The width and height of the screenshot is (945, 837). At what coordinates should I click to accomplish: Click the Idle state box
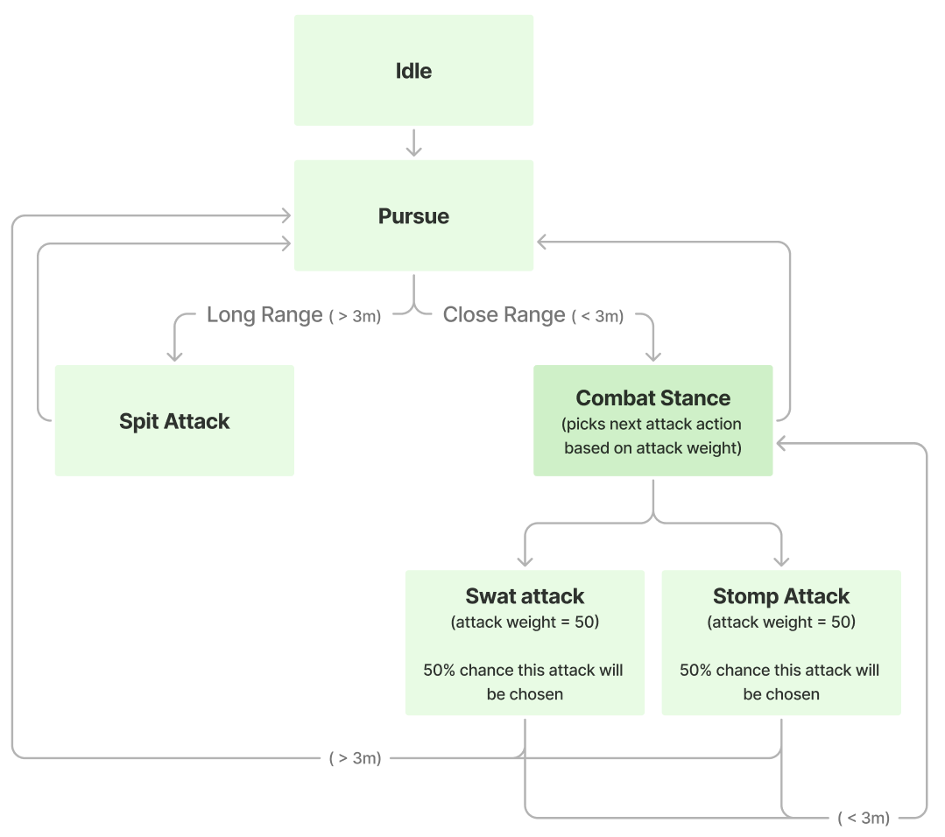pyautogui.click(x=413, y=70)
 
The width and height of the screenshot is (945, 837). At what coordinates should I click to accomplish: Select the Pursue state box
pyautogui.click(x=413, y=215)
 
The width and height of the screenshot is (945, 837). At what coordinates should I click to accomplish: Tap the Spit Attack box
pyautogui.click(x=174, y=421)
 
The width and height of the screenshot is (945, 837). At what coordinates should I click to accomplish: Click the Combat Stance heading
pyautogui.click(x=652, y=398)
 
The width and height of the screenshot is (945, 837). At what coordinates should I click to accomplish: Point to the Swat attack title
pyautogui.click(x=525, y=597)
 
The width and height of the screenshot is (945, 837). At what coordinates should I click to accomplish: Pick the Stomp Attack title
pyautogui.click(x=781, y=597)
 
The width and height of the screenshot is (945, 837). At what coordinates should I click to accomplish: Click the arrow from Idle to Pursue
pyautogui.click(x=413, y=143)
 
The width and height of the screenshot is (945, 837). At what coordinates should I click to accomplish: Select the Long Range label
pyautogui.click(x=264, y=315)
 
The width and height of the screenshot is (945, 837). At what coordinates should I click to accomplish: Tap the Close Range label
pyautogui.click(x=504, y=315)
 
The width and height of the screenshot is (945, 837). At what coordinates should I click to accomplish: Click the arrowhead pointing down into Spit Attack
pyautogui.click(x=174, y=355)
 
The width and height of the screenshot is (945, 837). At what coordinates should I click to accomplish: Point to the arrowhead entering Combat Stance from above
pyautogui.click(x=652, y=355)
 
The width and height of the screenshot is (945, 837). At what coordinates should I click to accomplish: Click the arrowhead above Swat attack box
pyautogui.click(x=525, y=560)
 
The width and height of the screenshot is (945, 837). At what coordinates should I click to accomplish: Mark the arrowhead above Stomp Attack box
pyautogui.click(x=781, y=560)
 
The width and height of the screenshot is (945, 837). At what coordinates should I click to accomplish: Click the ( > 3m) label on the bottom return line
pyautogui.click(x=355, y=758)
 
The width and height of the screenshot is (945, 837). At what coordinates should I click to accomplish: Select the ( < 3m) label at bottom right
pyautogui.click(x=864, y=819)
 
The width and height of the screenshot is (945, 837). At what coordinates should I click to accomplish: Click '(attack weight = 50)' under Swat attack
pyautogui.click(x=525, y=622)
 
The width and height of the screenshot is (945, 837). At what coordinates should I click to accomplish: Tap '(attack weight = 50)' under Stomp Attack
pyautogui.click(x=781, y=622)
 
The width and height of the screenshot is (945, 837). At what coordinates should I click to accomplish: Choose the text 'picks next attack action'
pyautogui.click(x=652, y=425)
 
